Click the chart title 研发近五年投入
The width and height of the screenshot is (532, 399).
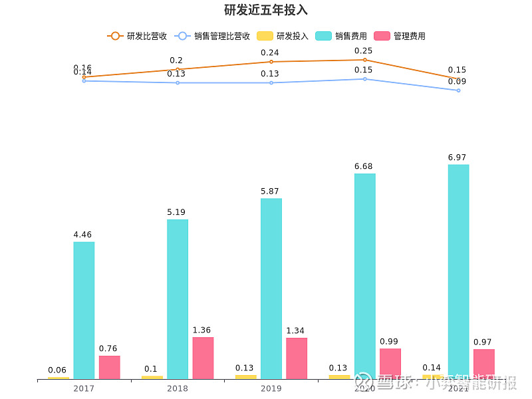click(266, 10)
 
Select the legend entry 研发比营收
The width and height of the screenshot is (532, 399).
click(137, 36)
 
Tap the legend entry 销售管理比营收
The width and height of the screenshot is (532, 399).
click(212, 36)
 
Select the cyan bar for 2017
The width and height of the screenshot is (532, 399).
click(84, 310)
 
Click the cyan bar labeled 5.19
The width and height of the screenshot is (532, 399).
click(178, 299)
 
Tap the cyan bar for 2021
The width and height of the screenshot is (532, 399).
click(458, 271)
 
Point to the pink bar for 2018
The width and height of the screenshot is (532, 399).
click(203, 358)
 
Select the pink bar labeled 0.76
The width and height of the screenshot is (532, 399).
click(110, 367)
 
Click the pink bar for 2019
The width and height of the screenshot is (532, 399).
click(297, 358)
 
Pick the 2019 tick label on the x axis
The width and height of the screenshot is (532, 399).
click(271, 388)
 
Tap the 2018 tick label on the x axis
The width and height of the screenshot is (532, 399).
click(178, 388)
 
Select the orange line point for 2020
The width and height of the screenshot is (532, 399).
click(364, 60)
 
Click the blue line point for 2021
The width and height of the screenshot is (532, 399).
click(458, 90)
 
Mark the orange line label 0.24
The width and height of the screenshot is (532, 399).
click(270, 53)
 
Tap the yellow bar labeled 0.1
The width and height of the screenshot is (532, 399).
click(152, 377)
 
